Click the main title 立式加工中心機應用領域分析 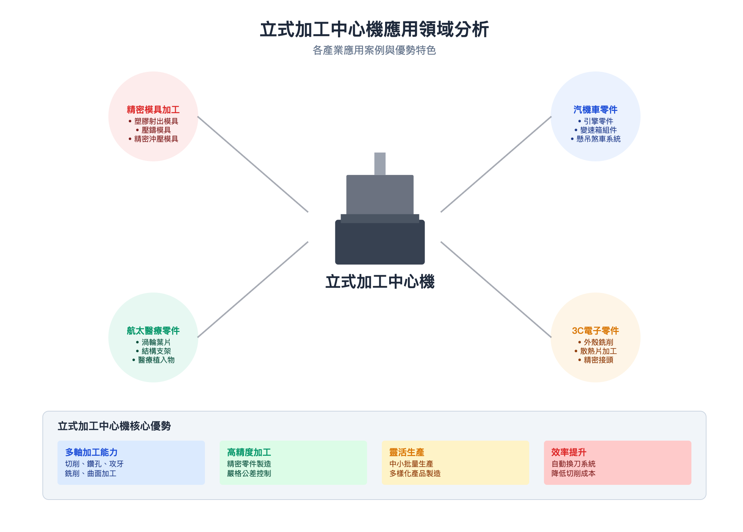374,29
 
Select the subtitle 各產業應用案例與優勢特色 374,50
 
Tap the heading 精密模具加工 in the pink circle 153,110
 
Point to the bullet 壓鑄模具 156,130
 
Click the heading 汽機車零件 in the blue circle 595,110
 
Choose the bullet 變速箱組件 598,130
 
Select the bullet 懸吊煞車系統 598,139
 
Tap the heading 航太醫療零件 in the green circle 153,331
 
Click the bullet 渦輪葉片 156,342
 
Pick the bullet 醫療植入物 156,360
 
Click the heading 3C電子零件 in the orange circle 595,331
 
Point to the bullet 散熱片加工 598,351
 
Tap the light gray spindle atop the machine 380,164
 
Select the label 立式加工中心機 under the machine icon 380,282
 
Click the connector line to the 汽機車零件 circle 496,164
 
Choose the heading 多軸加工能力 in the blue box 91,452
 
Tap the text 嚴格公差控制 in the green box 249,473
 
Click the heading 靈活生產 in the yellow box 407,452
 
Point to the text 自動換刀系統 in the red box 573,464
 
